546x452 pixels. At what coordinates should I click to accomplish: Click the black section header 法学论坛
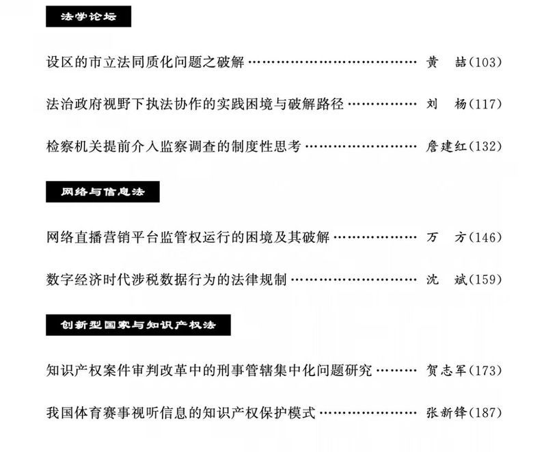88,16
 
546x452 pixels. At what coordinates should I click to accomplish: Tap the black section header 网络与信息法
103,192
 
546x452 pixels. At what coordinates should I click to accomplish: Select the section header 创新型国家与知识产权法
138,325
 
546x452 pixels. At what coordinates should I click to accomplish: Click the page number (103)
485,62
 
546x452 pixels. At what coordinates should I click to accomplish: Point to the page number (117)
485,105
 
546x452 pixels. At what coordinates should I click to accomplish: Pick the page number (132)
485,146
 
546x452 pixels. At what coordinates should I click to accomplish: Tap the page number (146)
485,237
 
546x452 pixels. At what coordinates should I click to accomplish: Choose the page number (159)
485,280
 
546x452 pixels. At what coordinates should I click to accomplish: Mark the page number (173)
485,371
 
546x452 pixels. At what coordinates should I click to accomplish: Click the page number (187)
485,413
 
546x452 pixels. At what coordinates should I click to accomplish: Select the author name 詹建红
446,146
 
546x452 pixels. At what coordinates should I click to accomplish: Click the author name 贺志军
446,371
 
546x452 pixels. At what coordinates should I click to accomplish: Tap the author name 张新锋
446,413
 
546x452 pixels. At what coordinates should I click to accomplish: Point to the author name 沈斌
446,280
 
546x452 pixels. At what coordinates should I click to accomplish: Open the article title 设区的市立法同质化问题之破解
144,62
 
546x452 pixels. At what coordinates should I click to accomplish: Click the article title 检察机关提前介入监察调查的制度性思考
174,146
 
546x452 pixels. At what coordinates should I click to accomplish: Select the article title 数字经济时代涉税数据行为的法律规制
166,280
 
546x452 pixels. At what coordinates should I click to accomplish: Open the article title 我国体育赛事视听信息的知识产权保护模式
181,413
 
